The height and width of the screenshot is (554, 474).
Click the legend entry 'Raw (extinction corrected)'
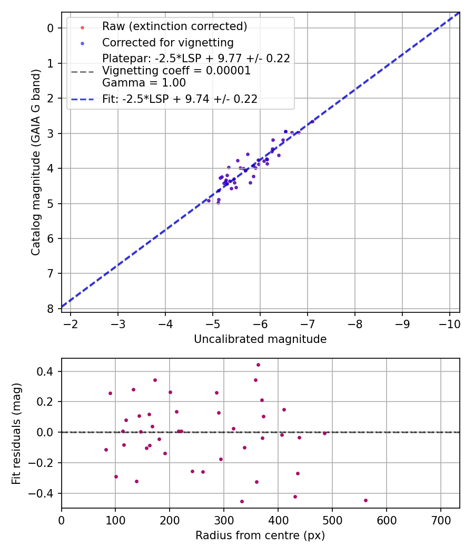click(174, 26)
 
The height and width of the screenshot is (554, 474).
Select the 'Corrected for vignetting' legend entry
click(167, 42)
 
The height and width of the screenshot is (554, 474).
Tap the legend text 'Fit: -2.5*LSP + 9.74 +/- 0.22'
click(180, 99)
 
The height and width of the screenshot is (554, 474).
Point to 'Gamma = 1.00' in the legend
click(144, 82)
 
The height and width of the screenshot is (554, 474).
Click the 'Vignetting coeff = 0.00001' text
click(176, 71)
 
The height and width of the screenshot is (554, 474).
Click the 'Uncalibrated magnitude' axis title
click(260, 339)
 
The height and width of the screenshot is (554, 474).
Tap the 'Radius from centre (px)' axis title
click(260, 536)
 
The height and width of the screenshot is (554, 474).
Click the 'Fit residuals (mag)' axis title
click(17, 433)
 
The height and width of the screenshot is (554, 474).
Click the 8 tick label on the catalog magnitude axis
click(51, 308)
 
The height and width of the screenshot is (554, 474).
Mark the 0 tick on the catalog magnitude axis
click(51, 28)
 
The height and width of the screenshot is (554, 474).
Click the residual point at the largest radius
click(366, 500)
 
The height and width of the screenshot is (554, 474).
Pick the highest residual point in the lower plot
click(258, 365)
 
